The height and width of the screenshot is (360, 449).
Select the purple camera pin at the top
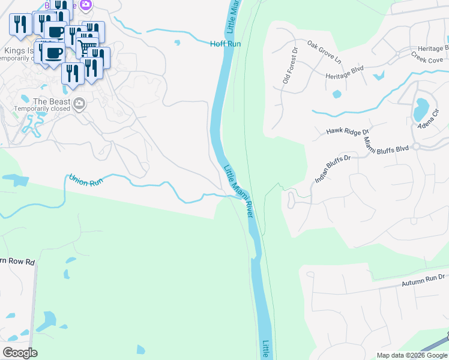[x=86, y=5]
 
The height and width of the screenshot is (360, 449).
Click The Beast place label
[x=52, y=102]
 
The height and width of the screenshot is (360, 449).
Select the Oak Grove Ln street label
[x=324, y=52]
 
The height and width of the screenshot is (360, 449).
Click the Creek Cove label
[x=427, y=59]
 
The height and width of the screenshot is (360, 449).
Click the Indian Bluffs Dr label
[x=332, y=169]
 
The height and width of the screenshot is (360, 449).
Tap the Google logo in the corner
[x=20, y=353]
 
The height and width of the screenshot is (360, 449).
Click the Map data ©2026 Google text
[x=412, y=355]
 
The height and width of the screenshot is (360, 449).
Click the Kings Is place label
[x=18, y=50]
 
